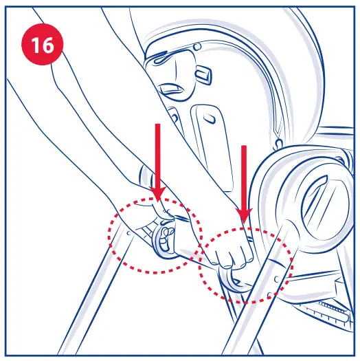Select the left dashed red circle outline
(x=112, y=234)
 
